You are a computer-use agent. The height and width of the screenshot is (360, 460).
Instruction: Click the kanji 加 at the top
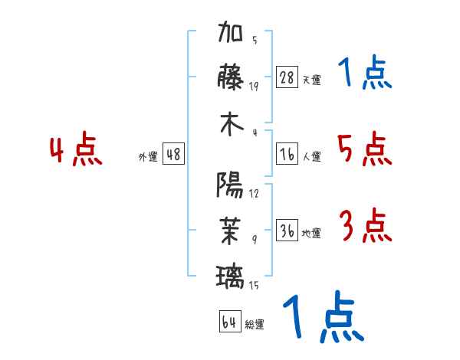[232, 35]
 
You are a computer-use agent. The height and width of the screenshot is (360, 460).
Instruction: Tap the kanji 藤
[232, 78]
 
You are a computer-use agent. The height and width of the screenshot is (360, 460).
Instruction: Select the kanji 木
[232, 125]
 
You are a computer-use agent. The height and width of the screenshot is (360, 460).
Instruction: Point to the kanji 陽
[232, 185]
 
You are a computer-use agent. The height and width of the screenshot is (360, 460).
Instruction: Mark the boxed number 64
[229, 322]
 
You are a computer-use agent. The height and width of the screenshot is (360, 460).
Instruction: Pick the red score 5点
[364, 149]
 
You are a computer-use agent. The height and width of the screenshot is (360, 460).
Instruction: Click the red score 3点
[365, 226]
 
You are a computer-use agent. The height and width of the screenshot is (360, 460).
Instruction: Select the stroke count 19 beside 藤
[255, 86]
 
